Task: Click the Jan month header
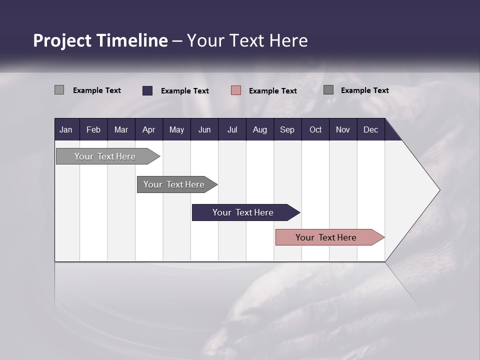pos(66,130)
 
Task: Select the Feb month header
pos(93,130)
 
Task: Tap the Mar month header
pos(121,130)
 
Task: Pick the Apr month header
pos(148,130)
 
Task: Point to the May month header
pos(176,130)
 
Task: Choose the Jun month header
pos(204,130)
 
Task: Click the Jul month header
pos(232,130)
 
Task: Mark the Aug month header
pos(260,130)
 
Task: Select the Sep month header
pos(287,130)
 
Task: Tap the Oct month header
pos(315,130)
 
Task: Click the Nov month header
pos(343,130)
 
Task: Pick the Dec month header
pos(370,130)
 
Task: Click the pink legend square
pos(236,90)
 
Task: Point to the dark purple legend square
pos(147,90)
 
